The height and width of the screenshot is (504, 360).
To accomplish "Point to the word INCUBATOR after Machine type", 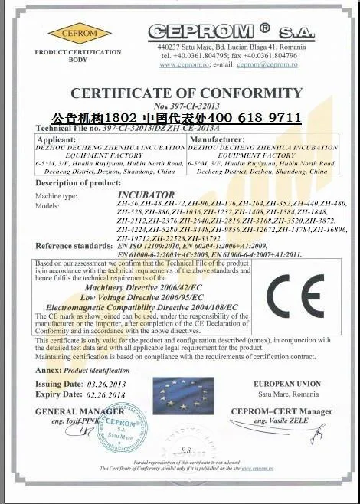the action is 145,195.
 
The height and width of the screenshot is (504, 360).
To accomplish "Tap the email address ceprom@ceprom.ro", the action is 265,65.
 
